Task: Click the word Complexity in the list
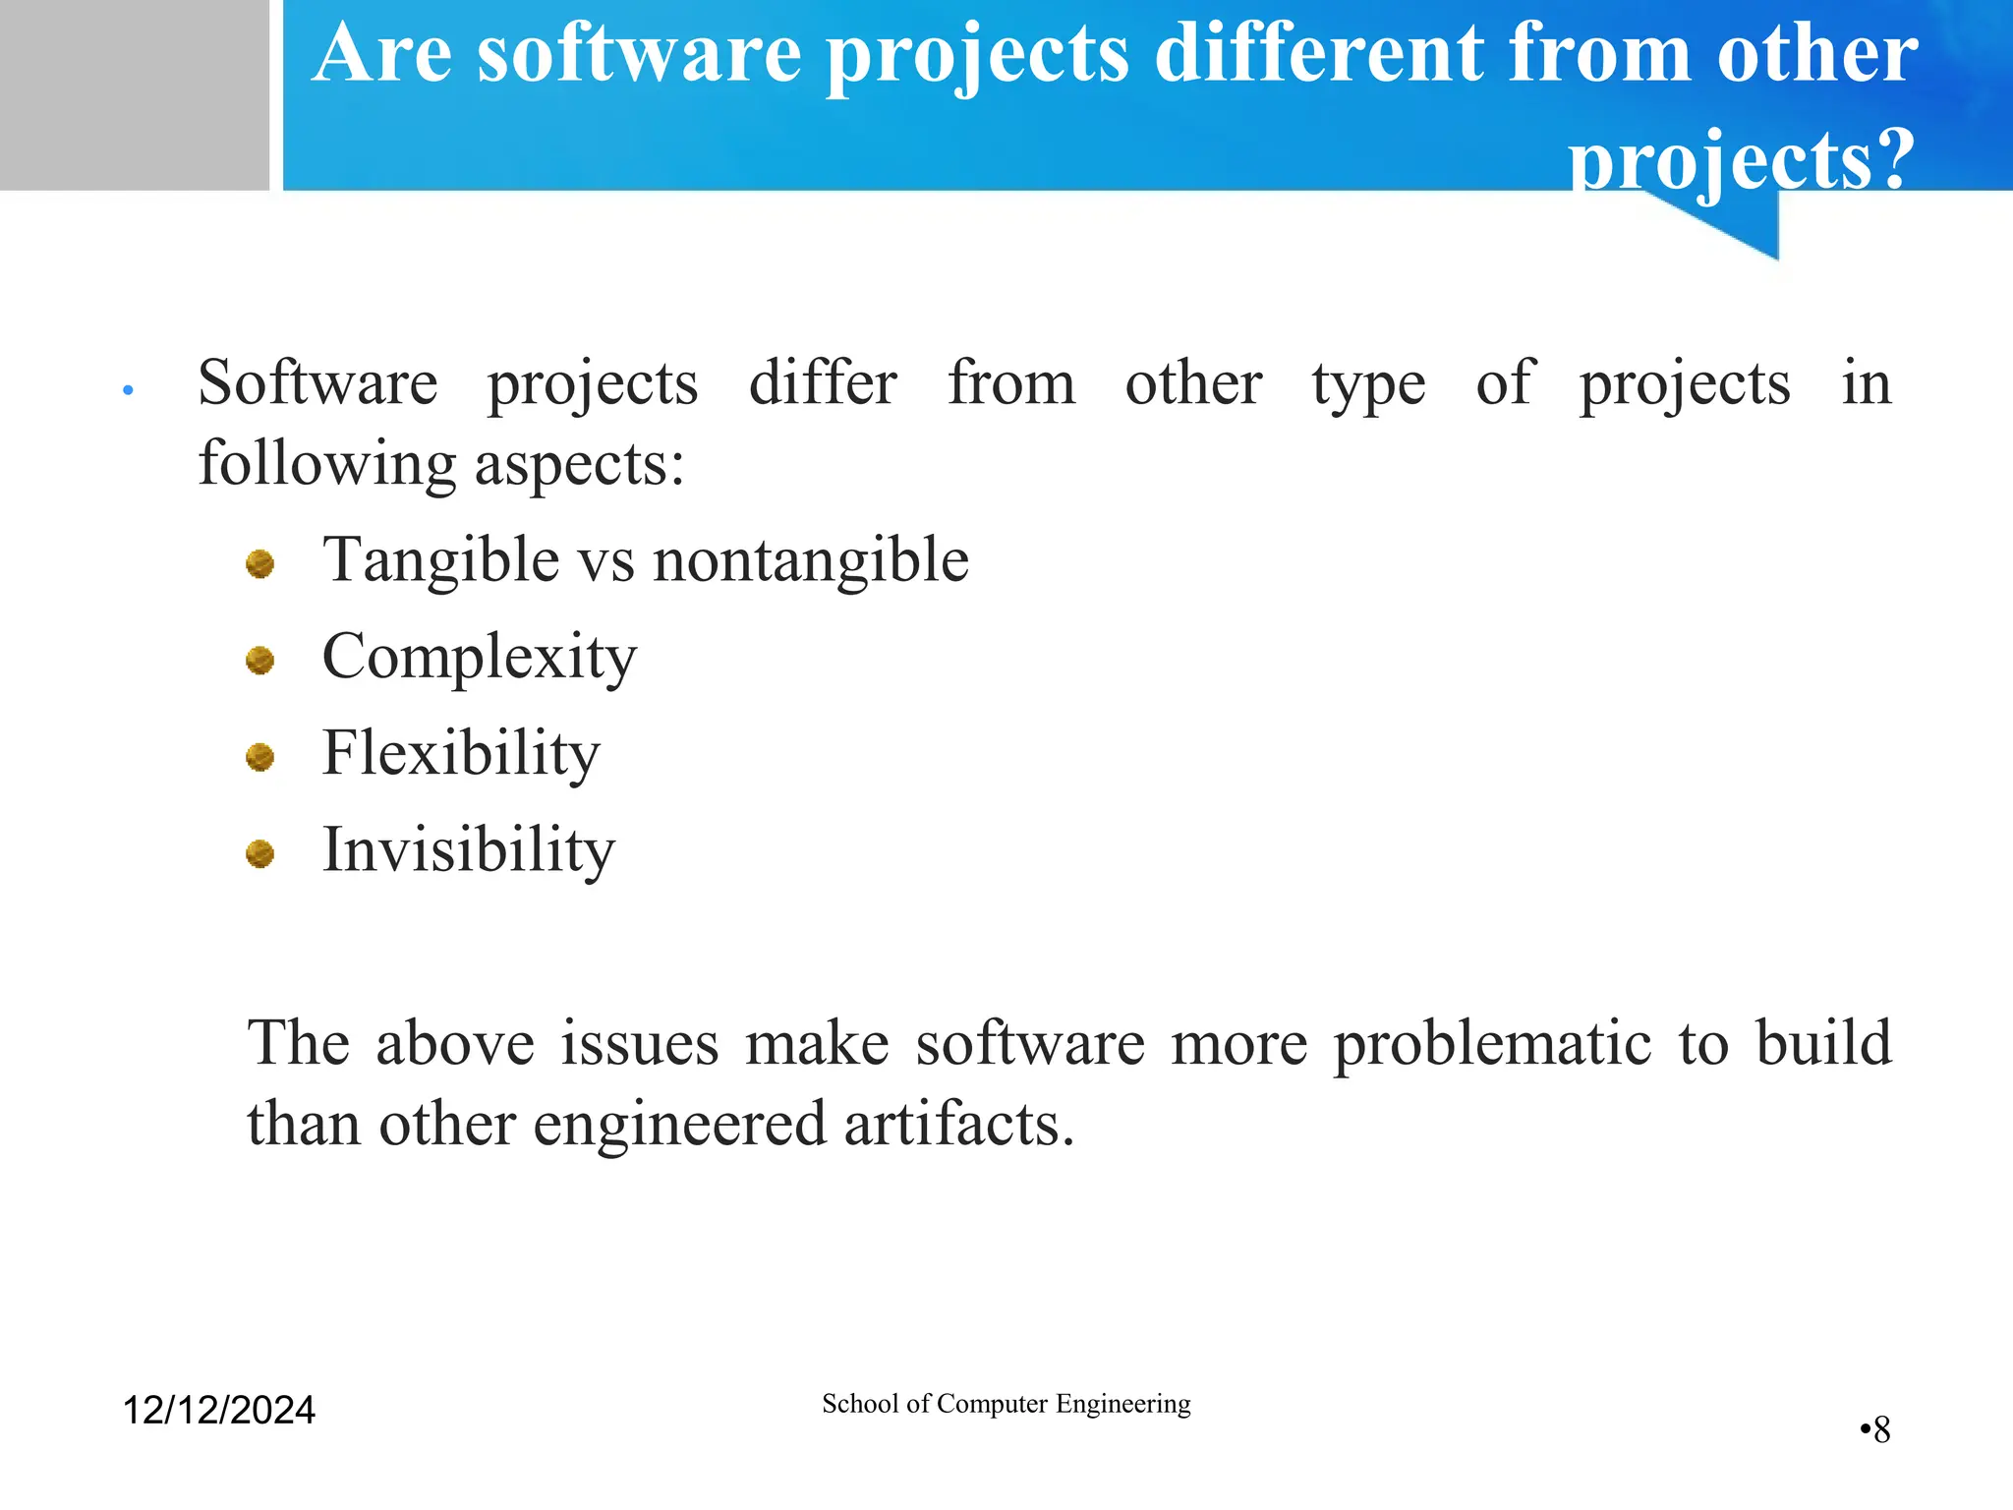(479, 658)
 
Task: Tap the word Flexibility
(460, 754)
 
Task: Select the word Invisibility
(468, 850)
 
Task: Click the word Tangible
(441, 561)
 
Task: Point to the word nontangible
(811, 561)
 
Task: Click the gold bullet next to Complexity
(259, 660)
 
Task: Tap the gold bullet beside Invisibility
(259, 853)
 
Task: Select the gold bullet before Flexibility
(259, 757)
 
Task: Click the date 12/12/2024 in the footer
(218, 1410)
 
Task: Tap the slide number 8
(1880, 1429)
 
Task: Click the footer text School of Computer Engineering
(1006, 1404)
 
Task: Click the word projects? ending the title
(1741, 159)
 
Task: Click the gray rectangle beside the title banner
(134, 94)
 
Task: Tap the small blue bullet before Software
(128, 391)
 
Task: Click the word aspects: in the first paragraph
(579, 464)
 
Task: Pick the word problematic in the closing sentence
(1492, 1043)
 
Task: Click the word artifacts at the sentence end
(958, 1124)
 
